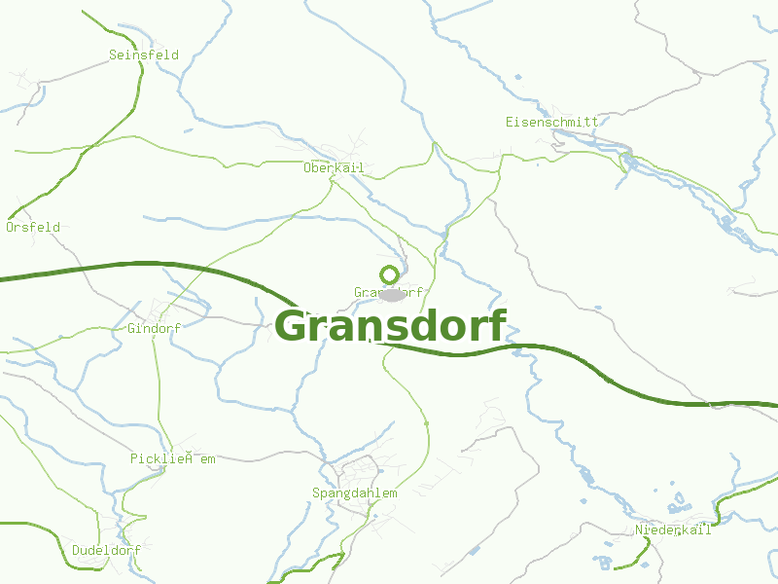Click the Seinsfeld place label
(x=144, y=55)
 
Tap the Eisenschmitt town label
(x=551, y=122)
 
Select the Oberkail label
(x=334, y=168)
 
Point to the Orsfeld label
(x=33, y=227)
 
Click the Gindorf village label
(x=154, y=328)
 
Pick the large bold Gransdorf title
(x=391, y=326)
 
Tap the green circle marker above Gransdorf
(x=389, y=274)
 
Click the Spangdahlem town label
(x=355, y=493)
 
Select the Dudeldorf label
(x=106, y=550)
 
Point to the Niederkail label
(x=673, y=529)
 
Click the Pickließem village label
(x=173, y=458)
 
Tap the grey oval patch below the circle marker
(x=391, y=295)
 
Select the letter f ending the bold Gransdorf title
(x=497, y=324)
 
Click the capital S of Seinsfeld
(x=113, y=55)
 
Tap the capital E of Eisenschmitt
(x=510, y=122)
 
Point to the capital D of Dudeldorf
(x=76, y=550)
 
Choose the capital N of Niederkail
(x=639, y=529)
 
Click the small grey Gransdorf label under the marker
(x=388, y=292)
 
